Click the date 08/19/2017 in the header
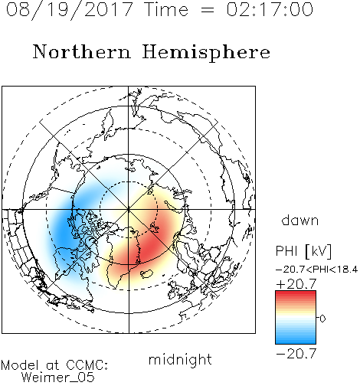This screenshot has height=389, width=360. point(69,9)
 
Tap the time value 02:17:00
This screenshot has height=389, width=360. point(270,9)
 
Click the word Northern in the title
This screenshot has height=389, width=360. point(82,52)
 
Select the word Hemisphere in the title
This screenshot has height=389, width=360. point(206,53)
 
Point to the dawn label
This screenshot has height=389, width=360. point(299,221)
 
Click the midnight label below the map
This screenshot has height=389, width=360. point(180,359)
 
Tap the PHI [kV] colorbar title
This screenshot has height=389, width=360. point(303,251)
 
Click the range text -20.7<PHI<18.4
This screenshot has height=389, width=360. point(316,270)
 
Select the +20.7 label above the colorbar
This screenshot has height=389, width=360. point(296,284)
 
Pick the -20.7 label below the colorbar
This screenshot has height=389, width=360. point(296,354)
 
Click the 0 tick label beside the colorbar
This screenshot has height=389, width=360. point(322,319)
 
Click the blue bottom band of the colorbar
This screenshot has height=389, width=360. point(296,339)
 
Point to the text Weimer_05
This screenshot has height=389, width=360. point(57,378)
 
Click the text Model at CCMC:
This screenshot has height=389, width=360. point(54,365)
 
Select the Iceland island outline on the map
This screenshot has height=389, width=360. point(146,273)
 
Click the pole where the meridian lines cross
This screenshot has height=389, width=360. point(129,210)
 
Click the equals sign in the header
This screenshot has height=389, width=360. point(207,11)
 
